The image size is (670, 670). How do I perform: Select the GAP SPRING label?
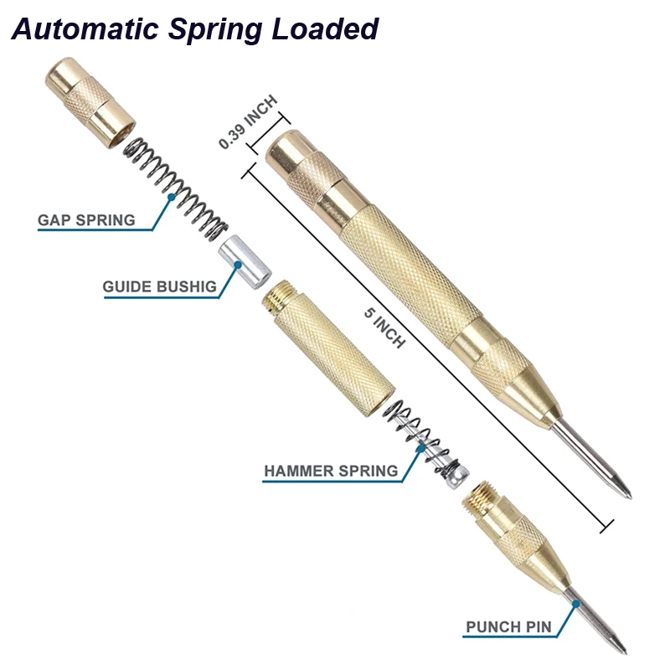click(x=86, y=220)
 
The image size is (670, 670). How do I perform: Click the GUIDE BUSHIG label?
click(x=160, y=286)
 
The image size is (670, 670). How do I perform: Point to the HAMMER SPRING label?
click(x=331, y=471)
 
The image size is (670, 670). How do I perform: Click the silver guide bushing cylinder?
click(x=246, y=262)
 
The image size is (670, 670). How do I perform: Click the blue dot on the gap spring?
click(x=172, y=198)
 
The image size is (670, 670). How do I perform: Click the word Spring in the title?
click(x=211, y=29)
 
